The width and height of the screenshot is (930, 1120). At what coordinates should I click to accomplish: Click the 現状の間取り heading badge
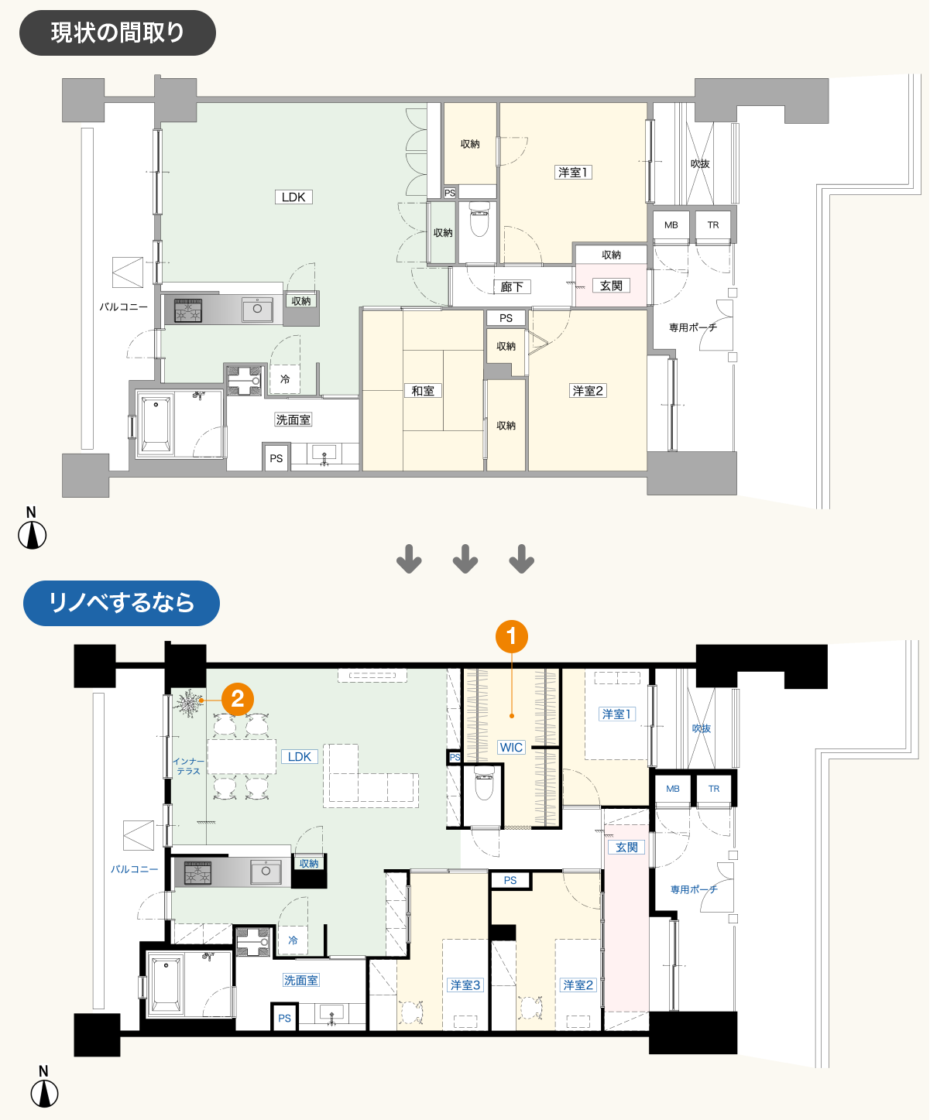[x=118, y=33]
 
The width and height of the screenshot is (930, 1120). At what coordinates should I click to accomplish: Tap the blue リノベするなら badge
[x=122, y=603]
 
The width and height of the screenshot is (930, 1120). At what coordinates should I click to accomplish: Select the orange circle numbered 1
[x=511, y=637]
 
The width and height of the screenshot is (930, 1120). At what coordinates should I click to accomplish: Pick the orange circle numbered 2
[x=237, y=699]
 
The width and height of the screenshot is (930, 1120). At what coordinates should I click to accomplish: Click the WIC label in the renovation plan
[x=511, y=747]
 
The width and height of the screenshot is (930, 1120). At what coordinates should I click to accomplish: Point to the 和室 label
[x=423, y=391]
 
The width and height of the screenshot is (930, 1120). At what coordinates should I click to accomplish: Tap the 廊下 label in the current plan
[x=512, y=287]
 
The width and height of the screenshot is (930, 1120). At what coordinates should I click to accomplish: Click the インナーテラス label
[x=188, y=766]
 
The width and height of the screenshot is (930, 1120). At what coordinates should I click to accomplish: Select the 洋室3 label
[x=465, y=985]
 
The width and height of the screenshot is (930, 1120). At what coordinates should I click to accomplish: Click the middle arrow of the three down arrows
[x=465, y=559]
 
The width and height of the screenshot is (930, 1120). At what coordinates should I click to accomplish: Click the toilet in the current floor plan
[x=479, y=219]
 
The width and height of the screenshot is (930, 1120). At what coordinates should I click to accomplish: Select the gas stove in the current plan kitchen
[x=188, y=310]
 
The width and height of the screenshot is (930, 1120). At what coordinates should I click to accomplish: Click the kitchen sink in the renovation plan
[x=266, y=872]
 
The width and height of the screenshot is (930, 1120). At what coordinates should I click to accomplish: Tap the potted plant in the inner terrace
[x=187, y=704]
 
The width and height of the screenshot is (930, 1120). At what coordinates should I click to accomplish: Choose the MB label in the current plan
[x=671, y=225]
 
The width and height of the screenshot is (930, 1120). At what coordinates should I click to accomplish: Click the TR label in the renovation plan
[x=714, y=789]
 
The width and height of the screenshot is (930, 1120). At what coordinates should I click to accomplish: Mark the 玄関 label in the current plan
[x=611, y=286]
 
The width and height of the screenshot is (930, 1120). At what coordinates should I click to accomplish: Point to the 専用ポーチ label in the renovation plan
[x=694, y=890]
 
